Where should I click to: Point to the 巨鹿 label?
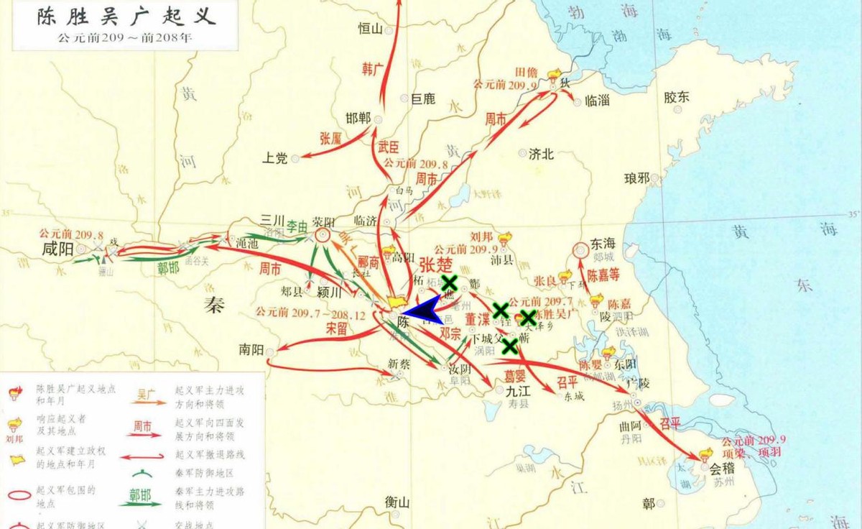[x=423, y=99]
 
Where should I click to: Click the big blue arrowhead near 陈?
[x=422, y=311]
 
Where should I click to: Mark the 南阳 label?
[x=252, y=350]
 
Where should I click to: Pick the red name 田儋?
[x=527, y=73]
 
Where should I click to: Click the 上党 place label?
[x=275, y=158]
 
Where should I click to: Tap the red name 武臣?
[x=388, y=147]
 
